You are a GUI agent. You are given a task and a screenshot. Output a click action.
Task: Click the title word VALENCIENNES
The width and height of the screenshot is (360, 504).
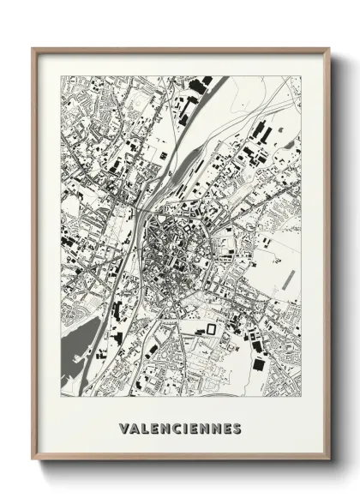(180, 428)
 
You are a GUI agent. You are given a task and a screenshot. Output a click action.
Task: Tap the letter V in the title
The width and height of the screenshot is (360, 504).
(125, 428)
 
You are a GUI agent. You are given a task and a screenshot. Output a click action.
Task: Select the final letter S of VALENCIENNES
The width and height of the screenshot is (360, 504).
(237, 428)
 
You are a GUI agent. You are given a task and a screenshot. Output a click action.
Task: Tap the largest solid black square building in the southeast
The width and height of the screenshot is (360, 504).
(258, 364)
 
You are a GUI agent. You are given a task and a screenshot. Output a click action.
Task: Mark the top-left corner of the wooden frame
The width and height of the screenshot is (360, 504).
(33, 49)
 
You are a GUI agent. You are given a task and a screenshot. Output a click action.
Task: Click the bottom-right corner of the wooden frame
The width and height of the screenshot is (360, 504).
(328, 459)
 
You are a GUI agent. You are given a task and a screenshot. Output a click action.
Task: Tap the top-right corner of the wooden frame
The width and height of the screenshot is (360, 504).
(328, 49)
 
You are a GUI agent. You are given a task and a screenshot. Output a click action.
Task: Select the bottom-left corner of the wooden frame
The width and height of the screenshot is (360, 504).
(33, 459)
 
